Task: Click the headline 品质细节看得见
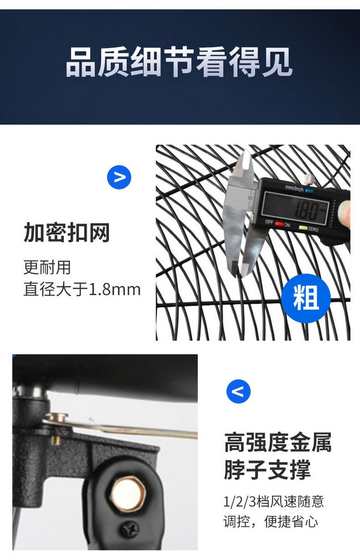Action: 179,62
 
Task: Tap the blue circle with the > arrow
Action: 119,177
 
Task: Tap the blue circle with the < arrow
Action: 239,391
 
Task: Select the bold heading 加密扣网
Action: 67,233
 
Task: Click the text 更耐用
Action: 47,267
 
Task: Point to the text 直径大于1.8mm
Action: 82,290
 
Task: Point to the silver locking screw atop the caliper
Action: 310,179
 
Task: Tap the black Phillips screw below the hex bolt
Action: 129,529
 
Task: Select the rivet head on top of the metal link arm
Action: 57,417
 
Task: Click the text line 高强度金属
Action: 277,442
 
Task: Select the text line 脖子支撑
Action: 267,470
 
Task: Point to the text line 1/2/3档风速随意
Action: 274,501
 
